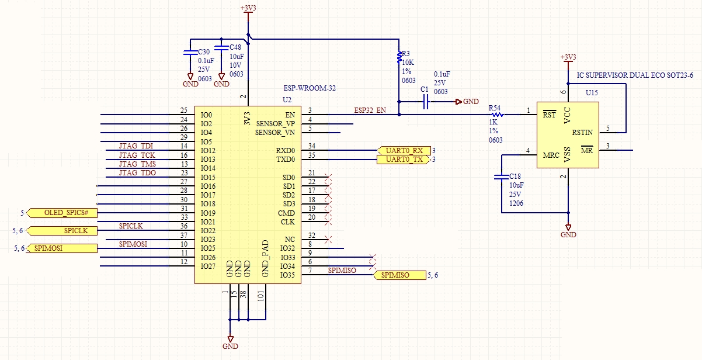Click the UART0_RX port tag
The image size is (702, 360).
click(404, 150)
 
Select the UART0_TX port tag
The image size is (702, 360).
click(404, 160)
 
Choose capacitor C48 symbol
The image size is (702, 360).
click(221, 48)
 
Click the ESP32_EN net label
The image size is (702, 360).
click(370, 110)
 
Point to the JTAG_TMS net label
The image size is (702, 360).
click(137, 164)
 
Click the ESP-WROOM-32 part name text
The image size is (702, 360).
click(310, 88)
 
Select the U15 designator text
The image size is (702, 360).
click(592, 93)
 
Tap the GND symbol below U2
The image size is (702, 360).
click(231, 341)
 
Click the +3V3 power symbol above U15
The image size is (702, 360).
click(568, 58)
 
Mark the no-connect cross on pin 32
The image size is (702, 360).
click(328, 239)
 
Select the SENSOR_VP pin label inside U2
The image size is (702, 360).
click(275, 124)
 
